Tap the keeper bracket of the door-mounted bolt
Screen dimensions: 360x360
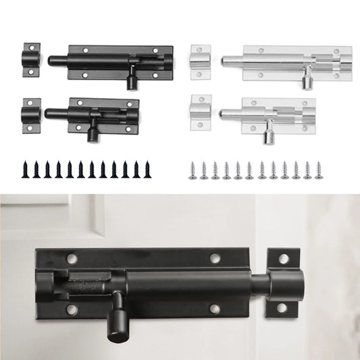pos(282,283)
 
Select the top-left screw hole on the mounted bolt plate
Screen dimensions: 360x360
pos(72,258)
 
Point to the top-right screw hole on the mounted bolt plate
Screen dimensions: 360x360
pos(215,258)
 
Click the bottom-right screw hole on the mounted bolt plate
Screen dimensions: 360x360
pos(215,309)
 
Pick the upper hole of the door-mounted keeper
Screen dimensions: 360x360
pos(283,259)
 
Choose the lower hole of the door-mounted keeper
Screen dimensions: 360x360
pos(283,307)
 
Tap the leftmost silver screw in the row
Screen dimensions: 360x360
pos(192,170)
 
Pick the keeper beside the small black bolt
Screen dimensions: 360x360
pos(31,115)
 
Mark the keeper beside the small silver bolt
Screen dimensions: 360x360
pos(201,112)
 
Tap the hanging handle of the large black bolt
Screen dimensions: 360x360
pos(131,79)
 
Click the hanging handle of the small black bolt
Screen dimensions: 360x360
pos(92,132)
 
